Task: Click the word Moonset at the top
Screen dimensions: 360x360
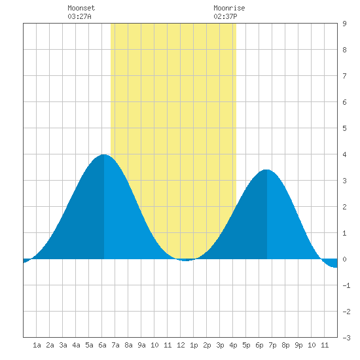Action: pyautogui.click(x=81, y=8)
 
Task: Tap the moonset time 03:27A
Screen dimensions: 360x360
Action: pyautogui.click(x=79, y=16)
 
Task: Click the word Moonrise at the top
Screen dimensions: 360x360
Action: pyautogui.click(x=229, y=8)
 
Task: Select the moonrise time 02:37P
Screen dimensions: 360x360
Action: pyautogui.click(x=225, y=16)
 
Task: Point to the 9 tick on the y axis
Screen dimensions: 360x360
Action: pyautogui.click(x=344, y=24)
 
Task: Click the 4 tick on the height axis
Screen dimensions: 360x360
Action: pyautogui.click(x=344, y=154)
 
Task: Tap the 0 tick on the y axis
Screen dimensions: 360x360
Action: pyautogui.click(x=344, y=259)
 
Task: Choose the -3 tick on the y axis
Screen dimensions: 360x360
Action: pyautogui.click(x=346, y=338)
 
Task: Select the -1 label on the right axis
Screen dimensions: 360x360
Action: pyautogui.click(x=346, y=285)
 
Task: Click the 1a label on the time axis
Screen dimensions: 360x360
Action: pyautogui.click(x=37, y=345)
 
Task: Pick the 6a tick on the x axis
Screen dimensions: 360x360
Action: pyautogui.click(x=102, y=345)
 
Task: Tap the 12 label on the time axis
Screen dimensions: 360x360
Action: pyautogui.click(x=181, y=345)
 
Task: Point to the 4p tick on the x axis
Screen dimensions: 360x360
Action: pyautogui.click(x=233, y=345)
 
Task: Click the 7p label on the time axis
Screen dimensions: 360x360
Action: pyautogui.click(x=272, y=345)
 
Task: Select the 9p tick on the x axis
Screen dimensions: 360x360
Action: pyautogui.click(x=298, y=345)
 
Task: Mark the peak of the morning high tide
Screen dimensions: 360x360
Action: pyautogui.click(x=104, y=154)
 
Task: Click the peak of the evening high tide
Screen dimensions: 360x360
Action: pyautogui.click(x=266, y=170)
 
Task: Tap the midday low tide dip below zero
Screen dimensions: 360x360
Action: pyautogui.click(x=186, y=260)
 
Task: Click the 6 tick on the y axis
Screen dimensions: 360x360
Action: pyautogui.click(x=344, y=102)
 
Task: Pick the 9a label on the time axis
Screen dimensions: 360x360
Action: pyautogui.click(x=141, y=345)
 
